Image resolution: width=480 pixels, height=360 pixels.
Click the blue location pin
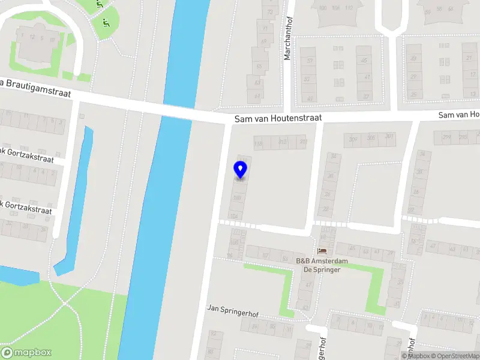pos(241,169)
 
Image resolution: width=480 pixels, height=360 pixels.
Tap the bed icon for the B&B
pos(322,251)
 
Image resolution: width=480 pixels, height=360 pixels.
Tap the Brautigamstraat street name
pos(36,88)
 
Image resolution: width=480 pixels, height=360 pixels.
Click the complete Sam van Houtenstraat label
pos(278,119)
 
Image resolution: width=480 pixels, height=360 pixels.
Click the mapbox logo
pos(26,352)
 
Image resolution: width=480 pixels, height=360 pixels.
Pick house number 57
pos(310,61)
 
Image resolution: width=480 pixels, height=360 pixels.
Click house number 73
pos(271,12)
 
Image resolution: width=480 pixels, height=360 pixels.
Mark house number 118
pos(259,143)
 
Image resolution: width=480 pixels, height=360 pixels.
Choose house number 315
pos(283,142)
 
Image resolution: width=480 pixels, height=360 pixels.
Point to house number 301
pos(390,137)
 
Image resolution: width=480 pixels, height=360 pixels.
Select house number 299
pos(446,137)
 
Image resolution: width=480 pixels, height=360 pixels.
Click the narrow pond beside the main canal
pos(75,198)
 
